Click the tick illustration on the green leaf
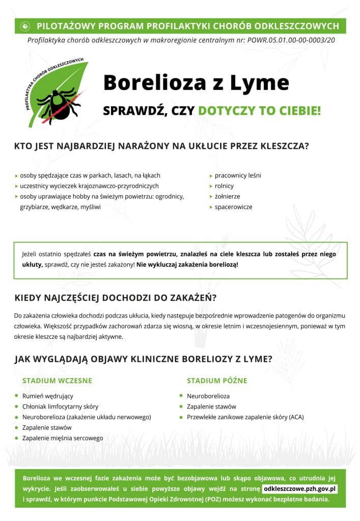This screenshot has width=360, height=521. tap(58, 103)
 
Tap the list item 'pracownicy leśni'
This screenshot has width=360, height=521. tap(237, 176)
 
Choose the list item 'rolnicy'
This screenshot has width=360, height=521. tap(224, 186)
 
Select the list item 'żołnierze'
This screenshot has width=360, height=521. tap(227, 196)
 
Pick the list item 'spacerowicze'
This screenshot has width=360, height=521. tap(233, 207)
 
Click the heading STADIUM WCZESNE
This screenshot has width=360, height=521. tap(57, 381)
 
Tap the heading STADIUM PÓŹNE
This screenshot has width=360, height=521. tap(217, 381)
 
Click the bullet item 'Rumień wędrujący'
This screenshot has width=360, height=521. tap(47, 396)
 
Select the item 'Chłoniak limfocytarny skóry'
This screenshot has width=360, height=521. tap(60, 407)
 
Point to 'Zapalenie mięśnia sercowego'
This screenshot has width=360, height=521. tap(62, 438)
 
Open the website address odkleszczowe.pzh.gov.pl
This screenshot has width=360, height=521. tap(300, 489)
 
